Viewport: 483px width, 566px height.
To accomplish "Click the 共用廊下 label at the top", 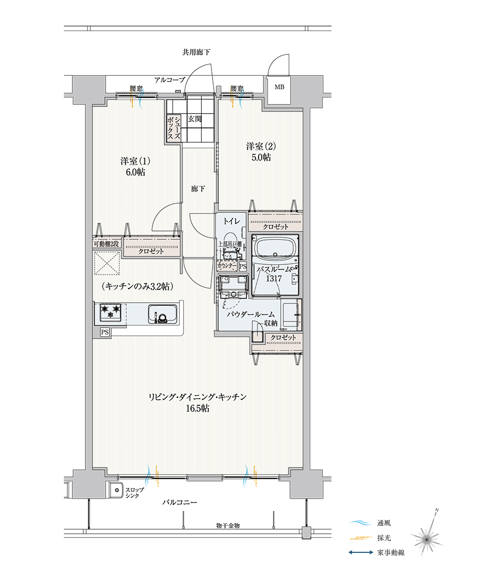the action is click(196, 52).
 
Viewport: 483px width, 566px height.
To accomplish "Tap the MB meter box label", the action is click(279, 87).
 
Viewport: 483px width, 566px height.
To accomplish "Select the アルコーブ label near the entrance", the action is click(170, 80).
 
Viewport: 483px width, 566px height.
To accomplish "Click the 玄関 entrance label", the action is click(195, 119).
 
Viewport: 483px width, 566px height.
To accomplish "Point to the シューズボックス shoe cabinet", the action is click(173, 128).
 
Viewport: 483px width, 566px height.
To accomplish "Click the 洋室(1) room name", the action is click(135, 161).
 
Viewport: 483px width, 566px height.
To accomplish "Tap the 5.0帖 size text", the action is click(261, 157).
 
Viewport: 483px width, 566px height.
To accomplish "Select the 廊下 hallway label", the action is click(198, 189).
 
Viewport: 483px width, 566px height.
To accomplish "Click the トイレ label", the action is click(231, 221).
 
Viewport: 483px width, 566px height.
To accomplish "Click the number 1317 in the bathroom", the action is click(274, 278).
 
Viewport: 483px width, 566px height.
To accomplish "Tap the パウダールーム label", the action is click(251, 315).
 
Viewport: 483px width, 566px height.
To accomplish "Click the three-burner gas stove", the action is click(111, 312).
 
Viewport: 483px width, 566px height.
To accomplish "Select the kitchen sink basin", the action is click(162, 315).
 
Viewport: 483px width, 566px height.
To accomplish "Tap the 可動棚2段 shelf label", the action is click(106, 244).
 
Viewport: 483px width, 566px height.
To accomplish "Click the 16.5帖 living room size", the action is click(197, 409).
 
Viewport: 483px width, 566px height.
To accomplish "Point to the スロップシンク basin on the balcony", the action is click(116, 490).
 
